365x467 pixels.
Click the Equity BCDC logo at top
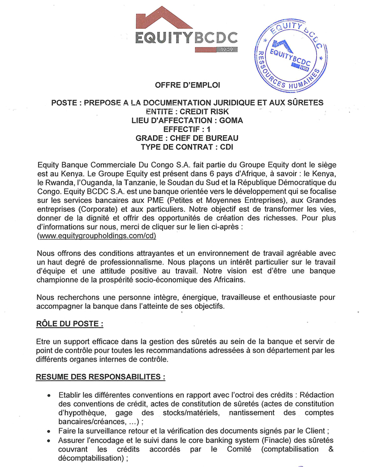[187, 32]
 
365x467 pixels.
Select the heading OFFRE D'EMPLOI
[187, 84]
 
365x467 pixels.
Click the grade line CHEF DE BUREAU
[187, 138]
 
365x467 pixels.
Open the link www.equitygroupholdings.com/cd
[97, 236]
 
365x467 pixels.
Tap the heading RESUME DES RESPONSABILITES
[100, 377]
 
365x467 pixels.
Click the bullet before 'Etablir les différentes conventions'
[48, 396]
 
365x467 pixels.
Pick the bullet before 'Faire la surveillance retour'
[48, 431]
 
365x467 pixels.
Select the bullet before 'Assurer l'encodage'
[48, 440]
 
